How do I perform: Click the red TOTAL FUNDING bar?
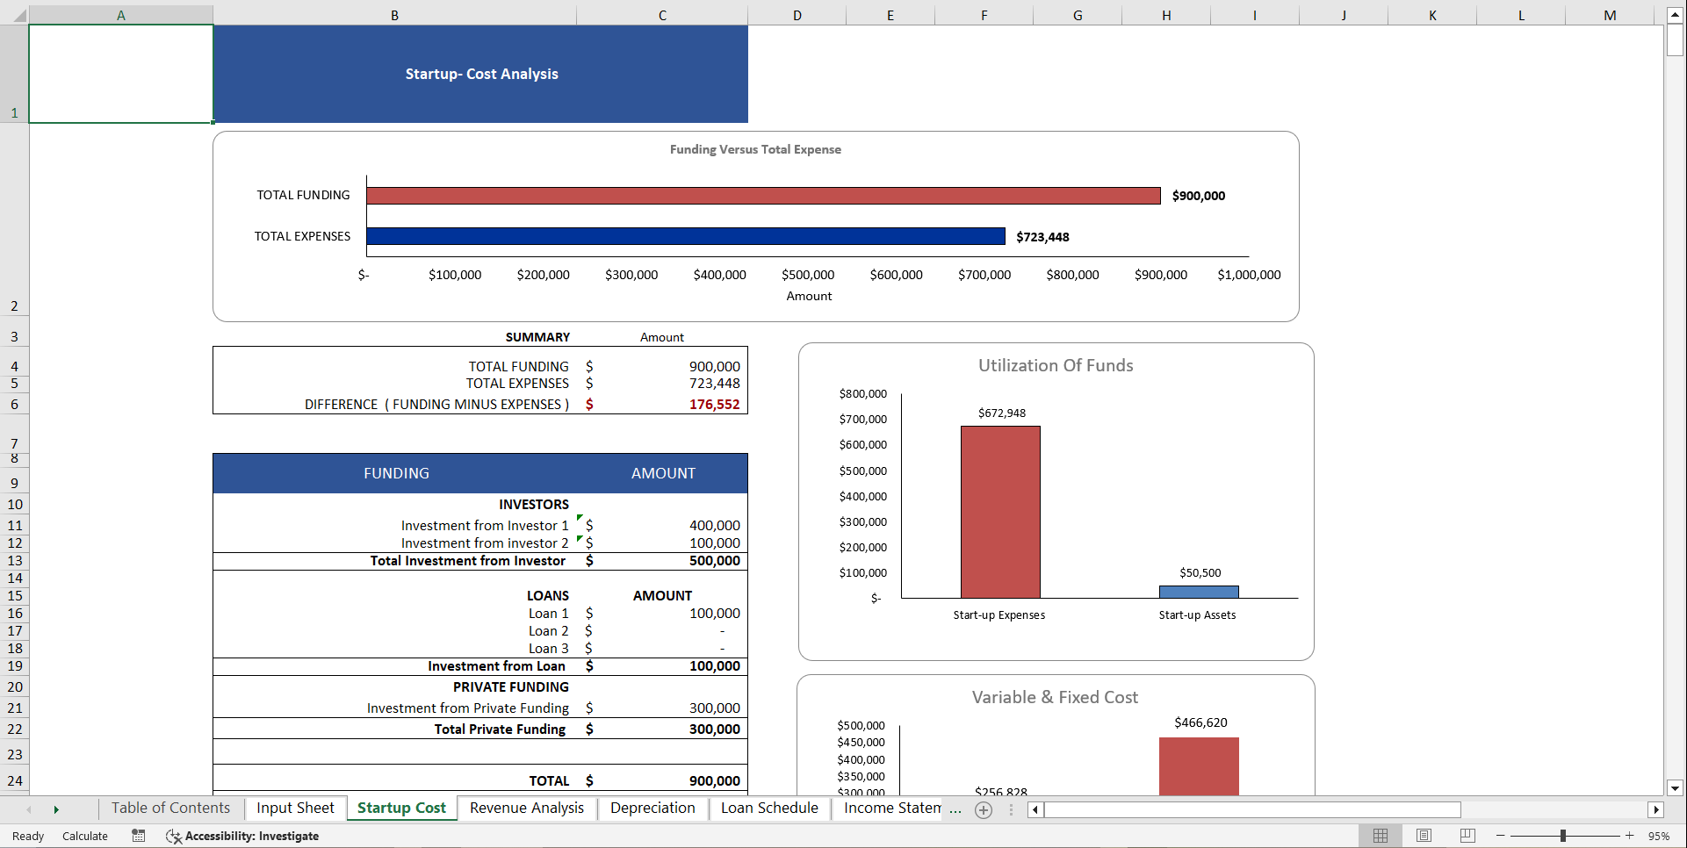click(x=762, y=196)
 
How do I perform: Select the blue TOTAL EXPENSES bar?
click(x=685, y=236)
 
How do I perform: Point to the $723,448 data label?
click(x=1042, y=237)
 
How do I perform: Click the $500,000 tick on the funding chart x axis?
click(x=808, y=275)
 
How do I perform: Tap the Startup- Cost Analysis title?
click(x=481, y=74)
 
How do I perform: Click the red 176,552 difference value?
click(x=714, y=405)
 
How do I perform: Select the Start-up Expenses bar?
click(x=1000, y=512)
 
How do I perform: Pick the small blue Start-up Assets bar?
click(x=1199, y=592)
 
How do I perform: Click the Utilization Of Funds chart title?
click(x=1056, y=365)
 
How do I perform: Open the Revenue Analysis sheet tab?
click(x=526, y=808)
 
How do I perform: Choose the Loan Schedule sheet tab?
click(x=769, y=808)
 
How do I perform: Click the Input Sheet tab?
click(x=295, y=808)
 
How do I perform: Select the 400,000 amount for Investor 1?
click(x=714, y=526)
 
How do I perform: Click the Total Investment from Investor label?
click(x=467, y=561)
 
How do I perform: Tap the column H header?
click(x=1165, y=15)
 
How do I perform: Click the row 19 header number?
click(x=15, y=666)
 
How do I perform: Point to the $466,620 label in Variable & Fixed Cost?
click(x=1200, y=722)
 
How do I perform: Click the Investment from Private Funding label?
click(x=467, y=708)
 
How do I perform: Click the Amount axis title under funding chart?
click(x=809, y=296)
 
